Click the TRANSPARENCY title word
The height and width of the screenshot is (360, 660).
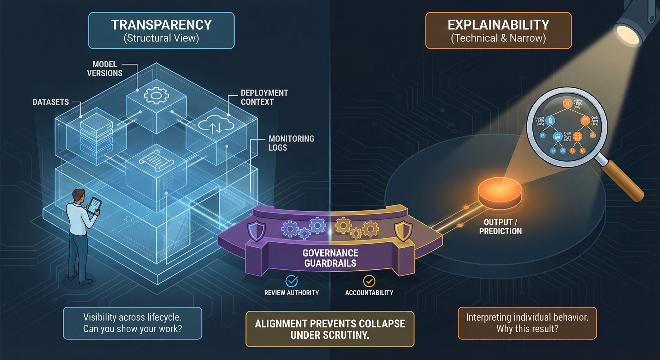(161, 25)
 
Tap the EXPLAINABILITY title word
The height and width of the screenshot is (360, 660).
(498, 25)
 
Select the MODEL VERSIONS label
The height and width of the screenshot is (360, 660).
(105, 69)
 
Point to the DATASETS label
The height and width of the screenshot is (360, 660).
(51, 102)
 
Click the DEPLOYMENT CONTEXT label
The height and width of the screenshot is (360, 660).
(264, 97)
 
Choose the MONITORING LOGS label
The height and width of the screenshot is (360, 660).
(291, 143)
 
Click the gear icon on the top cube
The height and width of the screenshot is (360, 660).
(156, 95)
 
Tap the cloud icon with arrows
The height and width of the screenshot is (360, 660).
(216, 126)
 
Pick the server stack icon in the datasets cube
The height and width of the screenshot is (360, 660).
(96, 135)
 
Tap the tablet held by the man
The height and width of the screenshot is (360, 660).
(94, 205)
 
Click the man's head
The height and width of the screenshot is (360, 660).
(78, 196)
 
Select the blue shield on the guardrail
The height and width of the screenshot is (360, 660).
(257, 231)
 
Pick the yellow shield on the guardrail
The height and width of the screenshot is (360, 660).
(403, 231)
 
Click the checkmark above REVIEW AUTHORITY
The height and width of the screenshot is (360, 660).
(292, 281)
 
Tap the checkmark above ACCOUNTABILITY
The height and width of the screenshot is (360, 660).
(369, 281)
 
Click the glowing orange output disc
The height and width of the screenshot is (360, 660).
(500, 190)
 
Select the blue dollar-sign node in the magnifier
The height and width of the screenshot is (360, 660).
(550, 121)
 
